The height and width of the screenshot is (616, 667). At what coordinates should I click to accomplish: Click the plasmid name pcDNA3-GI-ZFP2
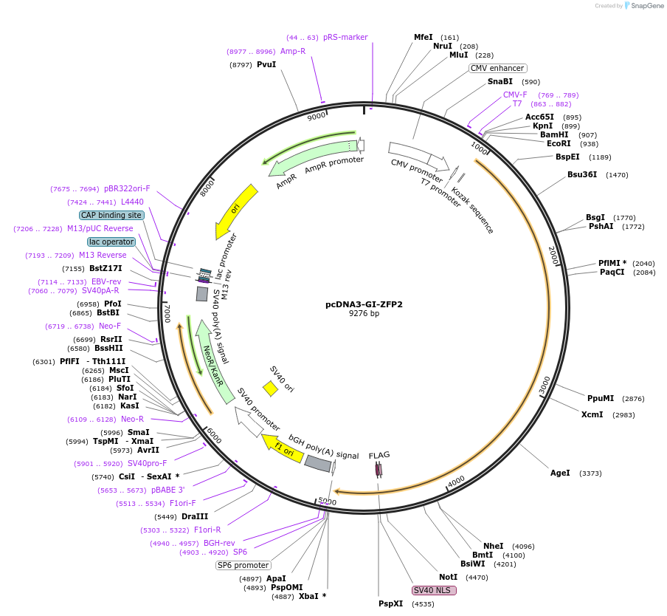pyautogui.click(x=364, y=304)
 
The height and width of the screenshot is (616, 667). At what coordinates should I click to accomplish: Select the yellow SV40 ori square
pyautogui.click(x=271, y=388)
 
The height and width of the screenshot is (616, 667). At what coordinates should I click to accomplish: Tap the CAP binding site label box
pyautogui.click(x=111, y=215)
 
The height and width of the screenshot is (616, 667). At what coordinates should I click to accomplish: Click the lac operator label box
pyautogui.click(x=111, y=242)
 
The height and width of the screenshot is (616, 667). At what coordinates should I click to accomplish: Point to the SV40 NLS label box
pyautogui.click(x=434, y=590)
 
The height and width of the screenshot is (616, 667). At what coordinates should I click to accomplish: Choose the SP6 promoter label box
pyautogui.click(x=243, y=565)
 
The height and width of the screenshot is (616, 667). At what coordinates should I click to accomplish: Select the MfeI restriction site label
pyautogui.click(x=424, y=37)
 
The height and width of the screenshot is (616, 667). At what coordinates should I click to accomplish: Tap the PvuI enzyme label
pyautogui.click(x=266, y=65)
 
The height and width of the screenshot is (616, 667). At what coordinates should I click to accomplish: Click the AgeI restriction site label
pyautogui.click(x=560, y=473)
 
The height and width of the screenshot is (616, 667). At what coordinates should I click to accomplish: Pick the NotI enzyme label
pyautogui.click(x=448, y=577)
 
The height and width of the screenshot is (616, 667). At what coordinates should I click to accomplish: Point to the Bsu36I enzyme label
pyautogui.click(x=582, y=175)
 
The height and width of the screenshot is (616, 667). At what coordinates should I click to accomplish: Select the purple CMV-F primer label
pyautogui.click(x=515, y=95)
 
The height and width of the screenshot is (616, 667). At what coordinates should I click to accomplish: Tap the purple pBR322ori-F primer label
pyautogui.click(x=127, y=188)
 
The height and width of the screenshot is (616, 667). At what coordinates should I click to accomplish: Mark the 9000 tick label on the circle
pyautogui.click(x=316, y=116)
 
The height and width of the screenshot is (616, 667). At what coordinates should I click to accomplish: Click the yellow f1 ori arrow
pyautogui.click(x=283, y=447)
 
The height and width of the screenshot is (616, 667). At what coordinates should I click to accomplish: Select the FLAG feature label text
pyautogui.click(x=379, y=455)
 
